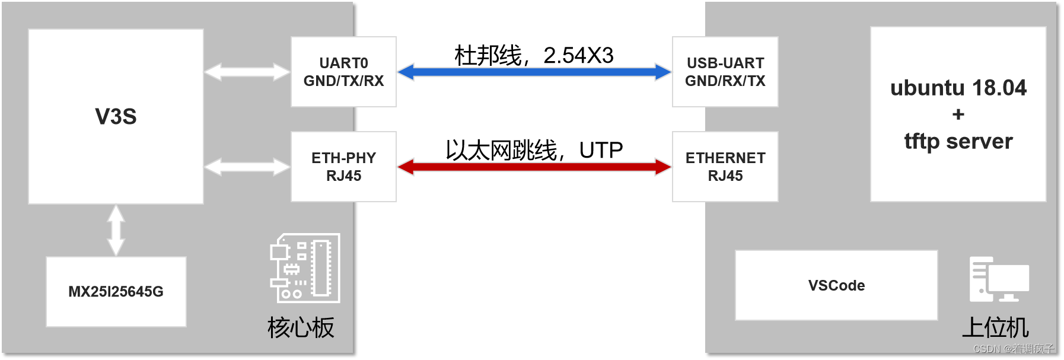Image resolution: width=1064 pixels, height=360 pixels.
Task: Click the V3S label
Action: point(116,117)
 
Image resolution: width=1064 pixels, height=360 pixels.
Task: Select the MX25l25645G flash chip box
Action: point(116,291)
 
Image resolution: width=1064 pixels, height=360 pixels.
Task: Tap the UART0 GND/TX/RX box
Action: point(343,72)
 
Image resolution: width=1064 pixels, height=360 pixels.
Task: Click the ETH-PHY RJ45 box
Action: point(343,167)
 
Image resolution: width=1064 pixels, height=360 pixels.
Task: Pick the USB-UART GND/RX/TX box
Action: point(725,72)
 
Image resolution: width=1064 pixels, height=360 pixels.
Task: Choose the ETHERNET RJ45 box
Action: point(725,167)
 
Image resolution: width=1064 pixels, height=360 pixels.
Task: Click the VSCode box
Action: point(836,285)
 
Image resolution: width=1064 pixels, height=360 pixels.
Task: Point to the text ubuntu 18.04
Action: point(958,88)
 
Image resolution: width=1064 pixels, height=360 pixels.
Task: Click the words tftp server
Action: point(958,141)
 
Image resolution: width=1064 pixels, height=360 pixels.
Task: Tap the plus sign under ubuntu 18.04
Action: point(958,114)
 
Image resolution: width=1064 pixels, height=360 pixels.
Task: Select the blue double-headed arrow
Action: point(534,72)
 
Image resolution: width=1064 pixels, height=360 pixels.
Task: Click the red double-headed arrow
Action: point(534,167)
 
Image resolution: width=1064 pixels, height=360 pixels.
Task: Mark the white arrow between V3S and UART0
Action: point(247,72)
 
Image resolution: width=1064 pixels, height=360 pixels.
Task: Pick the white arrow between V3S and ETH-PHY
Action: point(247,167)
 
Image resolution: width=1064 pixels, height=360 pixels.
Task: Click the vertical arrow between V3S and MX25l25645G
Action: point(116,230)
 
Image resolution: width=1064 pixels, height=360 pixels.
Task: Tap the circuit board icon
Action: point(305,268)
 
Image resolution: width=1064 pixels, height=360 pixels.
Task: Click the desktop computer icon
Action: point(999,279)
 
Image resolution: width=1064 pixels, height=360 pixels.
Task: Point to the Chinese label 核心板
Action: point(301,327)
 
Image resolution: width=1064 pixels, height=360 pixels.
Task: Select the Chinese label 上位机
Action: point(995,327)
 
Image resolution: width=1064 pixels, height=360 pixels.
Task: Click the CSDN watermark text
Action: point(1014,349)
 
